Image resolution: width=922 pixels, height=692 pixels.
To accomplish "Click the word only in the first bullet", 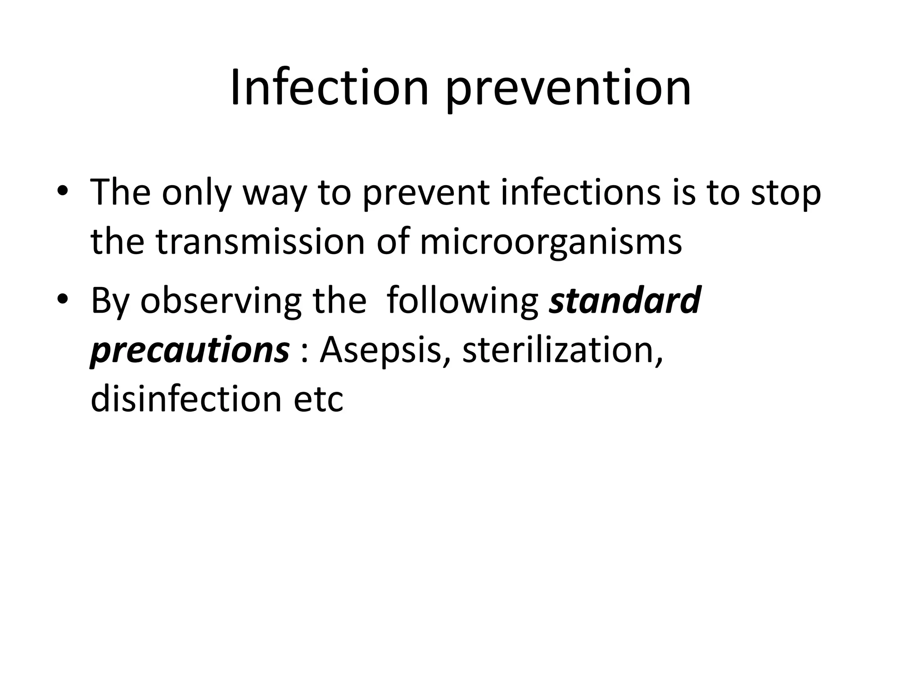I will [196, 194].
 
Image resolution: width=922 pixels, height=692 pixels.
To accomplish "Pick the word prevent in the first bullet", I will [425, 194].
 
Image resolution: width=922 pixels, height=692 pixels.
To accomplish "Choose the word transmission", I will [260, 242].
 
